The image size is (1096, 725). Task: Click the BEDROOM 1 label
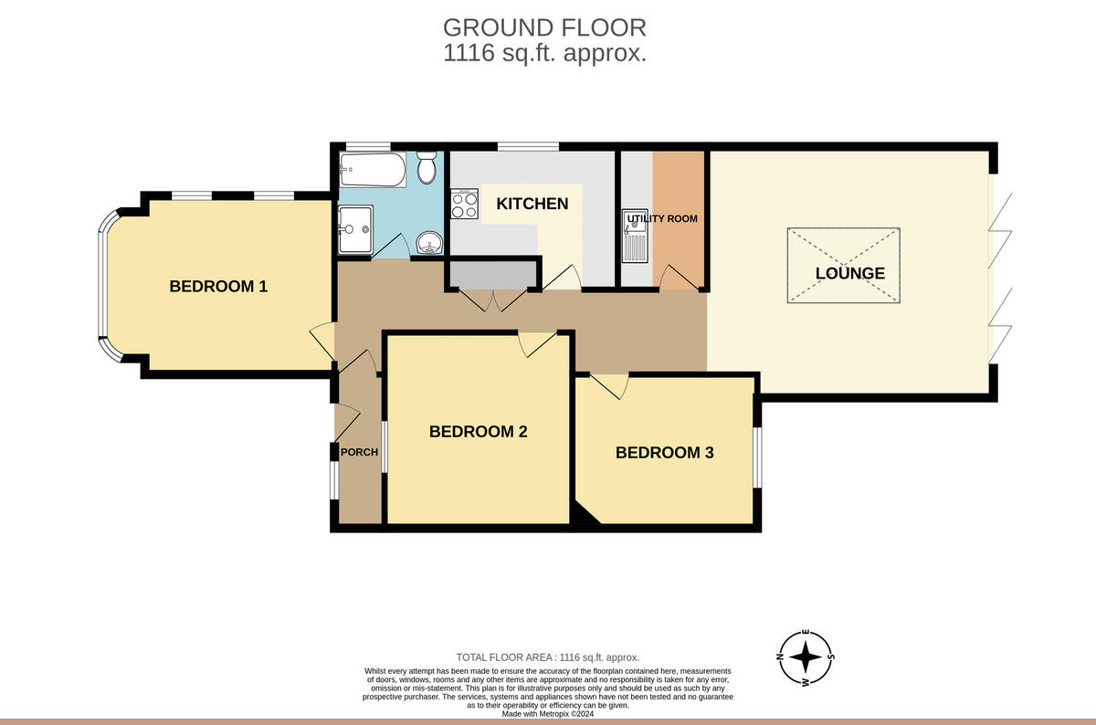pos(218,286)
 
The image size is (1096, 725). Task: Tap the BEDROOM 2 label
pos(478,432)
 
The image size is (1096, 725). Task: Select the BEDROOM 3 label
pos(664,452)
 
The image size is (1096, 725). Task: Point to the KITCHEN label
pos(532,204)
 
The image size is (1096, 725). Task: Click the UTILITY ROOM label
pos(663,218)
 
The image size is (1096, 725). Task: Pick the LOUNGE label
pos(849,273)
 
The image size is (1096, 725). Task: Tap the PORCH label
pos(359,452)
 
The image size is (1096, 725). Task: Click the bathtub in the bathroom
pos(371,169)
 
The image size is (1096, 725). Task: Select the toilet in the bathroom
pos(427,169)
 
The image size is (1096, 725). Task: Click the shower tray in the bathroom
pos(355,223)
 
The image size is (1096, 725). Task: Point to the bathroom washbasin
pos(428,243)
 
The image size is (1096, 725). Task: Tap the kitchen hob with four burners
pos(464,204)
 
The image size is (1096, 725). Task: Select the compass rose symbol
pos(805,657)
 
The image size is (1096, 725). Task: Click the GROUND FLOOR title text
pos(544,27)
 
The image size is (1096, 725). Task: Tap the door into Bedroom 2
pos(536,343)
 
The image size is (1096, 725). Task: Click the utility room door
pos(676,278)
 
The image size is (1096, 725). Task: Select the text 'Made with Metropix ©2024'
pos(547,714)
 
